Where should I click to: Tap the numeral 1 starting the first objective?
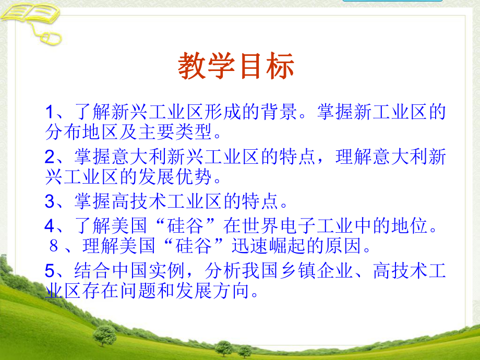point(50,112)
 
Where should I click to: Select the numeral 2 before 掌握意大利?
point(50,157)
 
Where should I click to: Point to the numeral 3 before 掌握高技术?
point(50,201)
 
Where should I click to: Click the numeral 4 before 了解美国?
point(50,225)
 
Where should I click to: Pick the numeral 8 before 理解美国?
point(53,247)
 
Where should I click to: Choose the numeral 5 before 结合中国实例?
point(50,270)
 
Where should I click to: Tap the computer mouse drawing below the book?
point(52,37)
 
